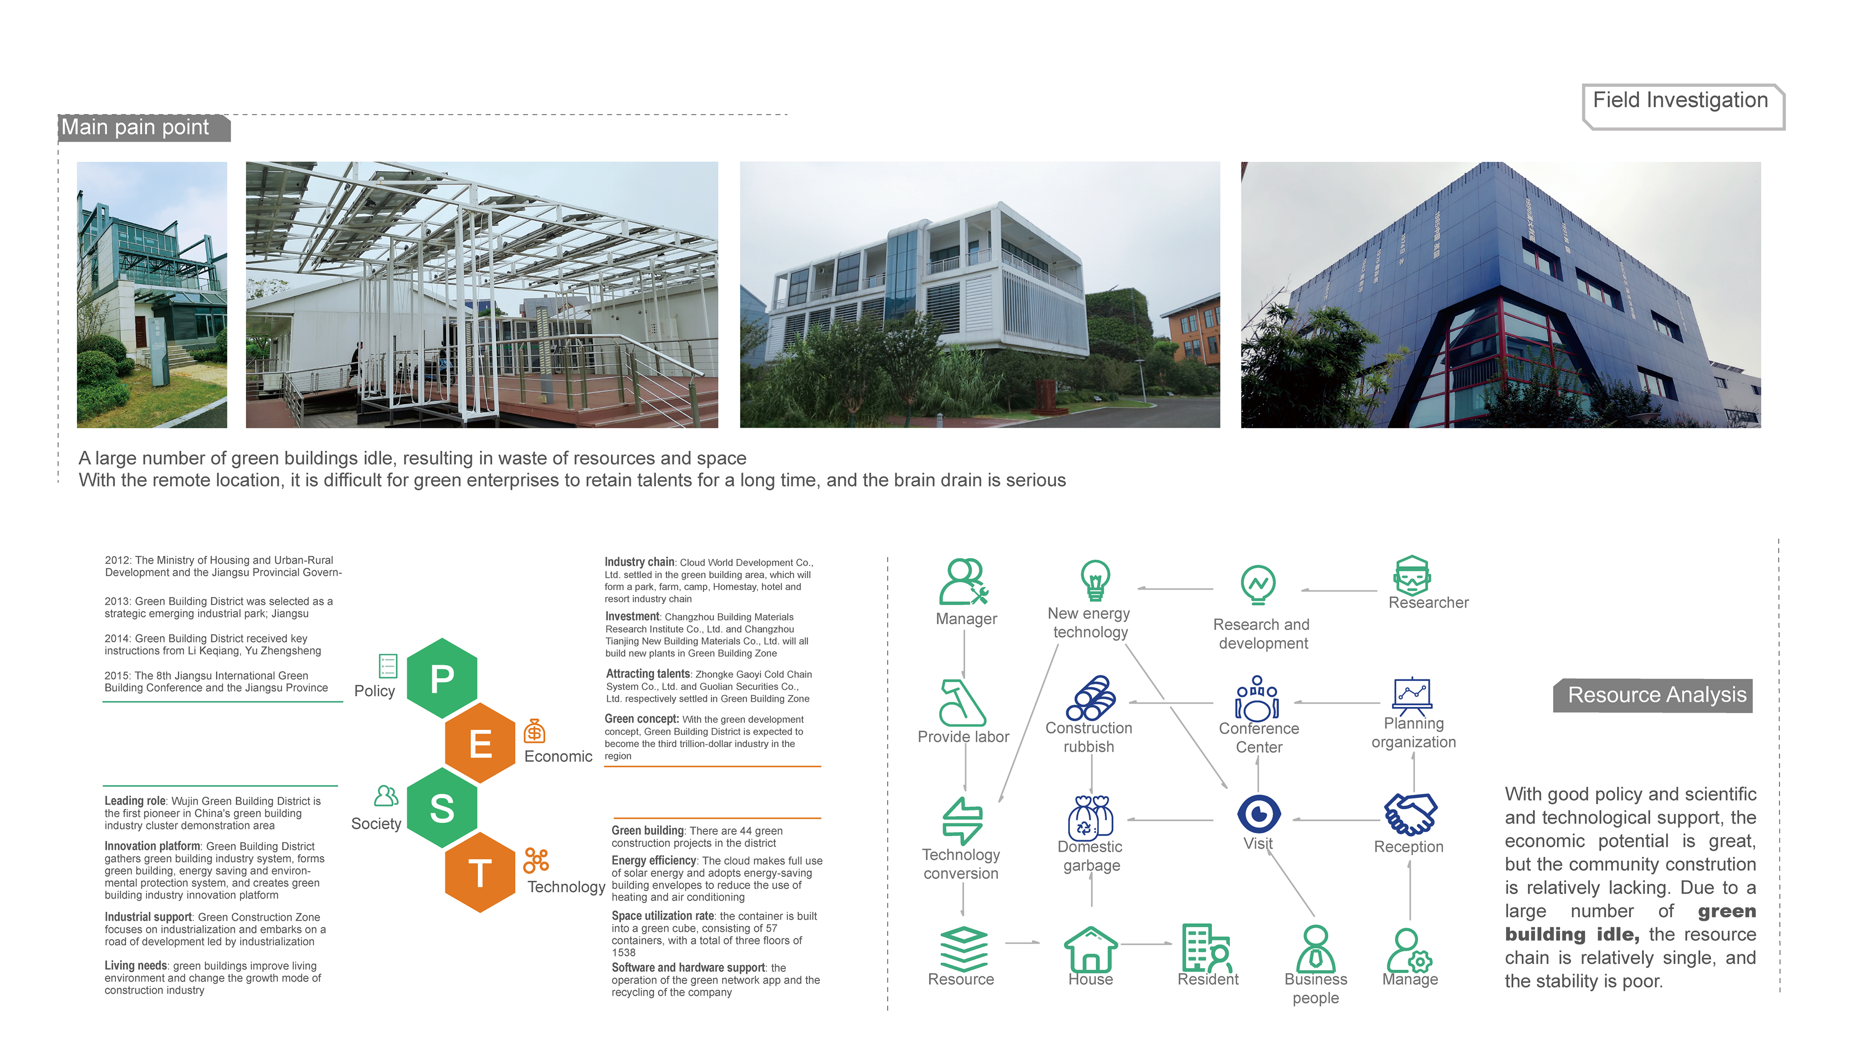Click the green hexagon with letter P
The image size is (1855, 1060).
tap(442, 678)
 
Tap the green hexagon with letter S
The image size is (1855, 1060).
tap(442, 807)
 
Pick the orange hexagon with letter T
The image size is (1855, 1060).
tap(480, 872)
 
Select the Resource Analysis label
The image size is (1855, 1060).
tap(1655, 695)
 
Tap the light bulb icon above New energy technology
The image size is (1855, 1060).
tap(1095, 581)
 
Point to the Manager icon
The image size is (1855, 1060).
tap(964, 582)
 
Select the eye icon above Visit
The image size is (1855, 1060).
tap(1258, 813)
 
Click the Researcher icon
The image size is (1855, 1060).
tap(1412, 576)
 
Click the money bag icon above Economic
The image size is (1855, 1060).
tap(534, 731)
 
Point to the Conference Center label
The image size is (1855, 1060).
tap(1258, 737)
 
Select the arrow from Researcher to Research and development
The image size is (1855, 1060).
tap(1339, 590)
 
